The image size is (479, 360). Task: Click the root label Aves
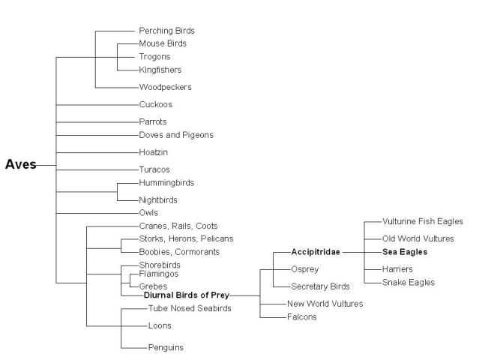[x=21, y=164]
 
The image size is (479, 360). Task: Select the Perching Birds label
[x=167, y=31]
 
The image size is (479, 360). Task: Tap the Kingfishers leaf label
[x=160, y=70]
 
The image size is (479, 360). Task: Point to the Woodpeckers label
[x=165, y=87]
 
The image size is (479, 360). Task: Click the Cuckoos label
[x=155, y=104]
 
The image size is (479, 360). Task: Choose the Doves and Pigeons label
[x=176, y=135]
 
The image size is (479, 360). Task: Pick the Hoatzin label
[x=154, y=152]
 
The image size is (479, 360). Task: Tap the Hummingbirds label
[x=166, y=183]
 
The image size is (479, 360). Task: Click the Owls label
[x=148, y=213]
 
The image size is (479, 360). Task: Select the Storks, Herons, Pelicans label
[x=187, y=238]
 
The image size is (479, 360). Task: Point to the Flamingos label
[x=159, y=274]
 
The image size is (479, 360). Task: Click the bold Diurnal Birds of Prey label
[x=187, y=295]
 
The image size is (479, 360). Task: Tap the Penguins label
[x=166, y=347]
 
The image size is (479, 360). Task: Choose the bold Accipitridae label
[x=316, y=252]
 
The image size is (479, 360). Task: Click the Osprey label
[x=305, y=269]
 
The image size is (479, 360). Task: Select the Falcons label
[x=302, y=317]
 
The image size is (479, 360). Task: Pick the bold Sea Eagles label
[x=405, y=252]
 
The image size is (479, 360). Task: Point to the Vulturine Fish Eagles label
[x=423, y=221]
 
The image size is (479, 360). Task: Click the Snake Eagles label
[x=409, y=283]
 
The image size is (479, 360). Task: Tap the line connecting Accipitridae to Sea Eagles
[x=362, y=253]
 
